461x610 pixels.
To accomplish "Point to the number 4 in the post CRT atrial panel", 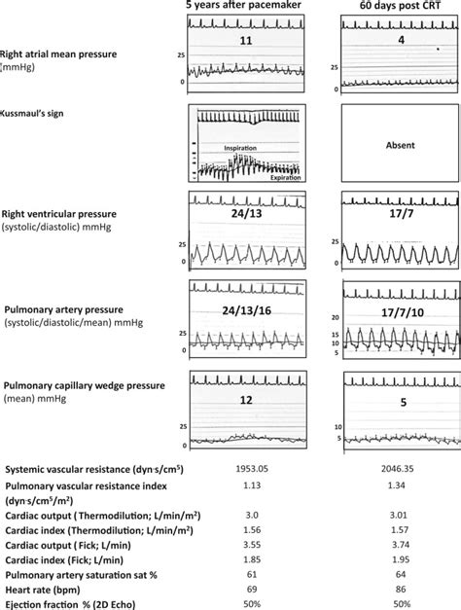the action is point(398,42).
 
